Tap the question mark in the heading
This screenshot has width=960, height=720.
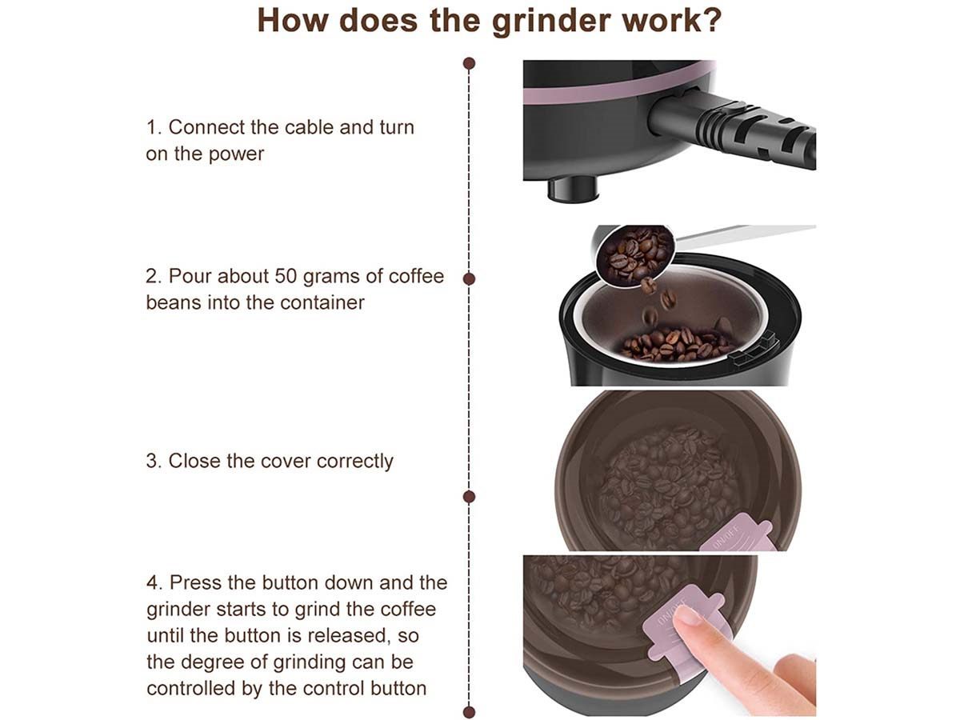click(711, 20)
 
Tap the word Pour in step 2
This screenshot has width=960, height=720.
click(190, 276)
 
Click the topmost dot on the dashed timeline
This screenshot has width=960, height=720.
click(469, 63)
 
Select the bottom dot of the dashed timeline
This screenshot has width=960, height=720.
click(469, 712)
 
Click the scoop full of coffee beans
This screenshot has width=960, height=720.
click(634, 256)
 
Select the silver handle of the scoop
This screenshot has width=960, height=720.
click(743, 234)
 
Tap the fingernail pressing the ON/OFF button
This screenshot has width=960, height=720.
click(686, 616)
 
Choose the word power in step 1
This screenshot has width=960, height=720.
click(236, 154)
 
